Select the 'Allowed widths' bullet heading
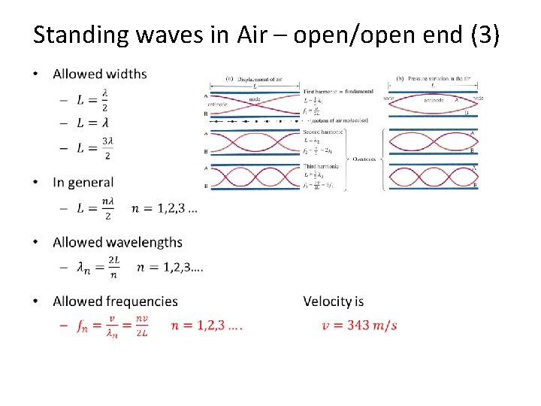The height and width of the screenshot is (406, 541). pyautogui.click(x=100, y=74)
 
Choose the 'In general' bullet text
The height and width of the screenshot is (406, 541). pyautogui.click(x=83, y=182)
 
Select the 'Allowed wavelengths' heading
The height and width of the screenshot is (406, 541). pyautogui.click(x=117, y=242)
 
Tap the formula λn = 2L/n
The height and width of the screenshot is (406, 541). pyautogui.click(x=98, y=268)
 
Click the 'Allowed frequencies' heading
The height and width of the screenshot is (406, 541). pyautogui.click(x=115, y=301)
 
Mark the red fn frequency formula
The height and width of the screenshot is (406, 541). pyautogui.click(x=113, y=326)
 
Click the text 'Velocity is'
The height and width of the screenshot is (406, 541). pyautogui.click(x=333, y=301)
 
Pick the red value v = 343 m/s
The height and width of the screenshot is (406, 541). pyautogui.click(x=359, y=325)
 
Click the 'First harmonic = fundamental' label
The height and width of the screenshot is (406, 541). pyautogui.click(x=334, y=91)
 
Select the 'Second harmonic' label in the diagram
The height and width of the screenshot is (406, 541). pyautogui.click(x=323, y=132)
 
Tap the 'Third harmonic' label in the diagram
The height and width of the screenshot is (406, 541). pyautogui.click(x=321, y=166)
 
